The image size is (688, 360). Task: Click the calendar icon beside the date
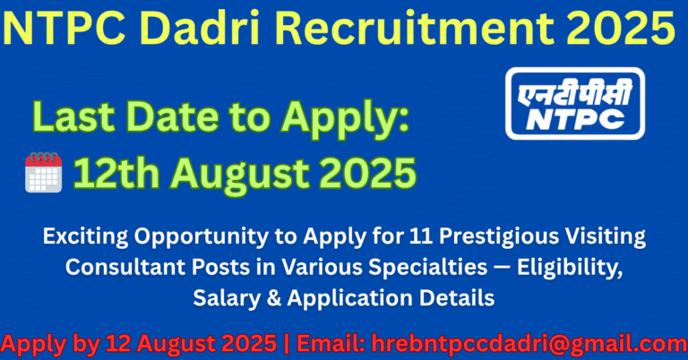click(x=44, y=171)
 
